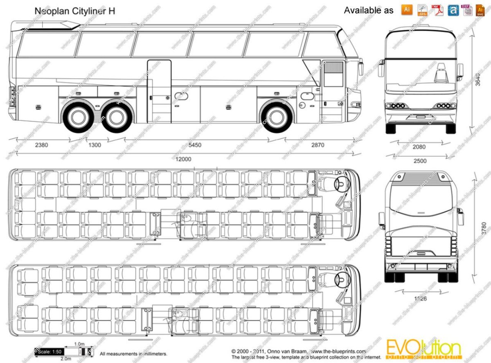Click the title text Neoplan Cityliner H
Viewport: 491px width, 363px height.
[x=74, y=11]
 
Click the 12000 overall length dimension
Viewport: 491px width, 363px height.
[x=183, y=159]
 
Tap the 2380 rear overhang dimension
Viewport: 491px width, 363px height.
[x=42, y=145]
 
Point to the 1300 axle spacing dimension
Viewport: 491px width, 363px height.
[x=94, y=145]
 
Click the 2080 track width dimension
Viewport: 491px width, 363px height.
[x=419, y=147]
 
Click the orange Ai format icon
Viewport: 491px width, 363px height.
[x=407, y=9]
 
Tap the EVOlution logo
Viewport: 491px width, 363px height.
[x=423, y=349]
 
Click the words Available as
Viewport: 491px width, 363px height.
[x=368, y=11]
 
